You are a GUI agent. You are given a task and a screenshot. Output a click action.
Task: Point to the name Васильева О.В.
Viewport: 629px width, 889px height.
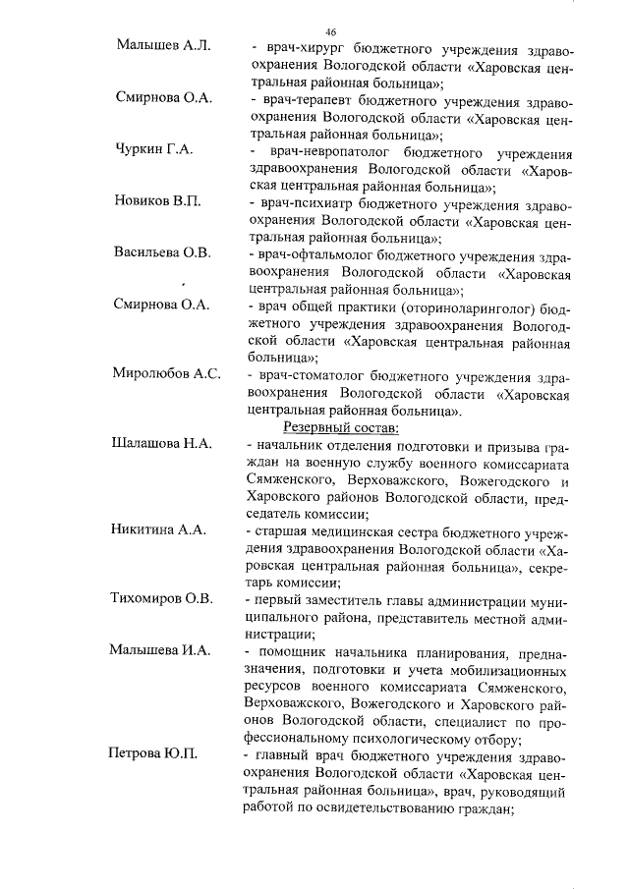pos(162,252)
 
